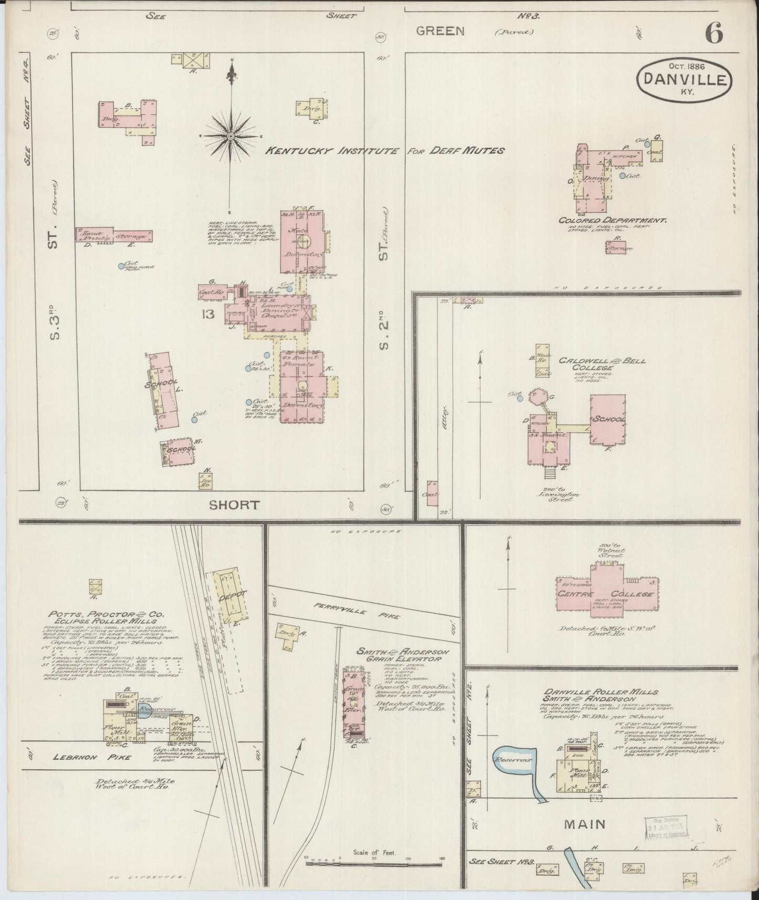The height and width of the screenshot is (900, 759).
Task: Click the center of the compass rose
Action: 230,136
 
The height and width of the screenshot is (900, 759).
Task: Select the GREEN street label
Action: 440,31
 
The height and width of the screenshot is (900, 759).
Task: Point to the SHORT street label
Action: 234,505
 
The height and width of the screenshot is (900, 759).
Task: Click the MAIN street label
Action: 585,825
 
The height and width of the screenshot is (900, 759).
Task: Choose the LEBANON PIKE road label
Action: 85,757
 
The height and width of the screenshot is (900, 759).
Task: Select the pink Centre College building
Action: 607,593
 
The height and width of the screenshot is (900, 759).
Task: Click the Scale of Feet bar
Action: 375,863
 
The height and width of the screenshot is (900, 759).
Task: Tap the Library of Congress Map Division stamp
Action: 666,827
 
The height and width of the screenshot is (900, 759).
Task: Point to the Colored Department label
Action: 613,221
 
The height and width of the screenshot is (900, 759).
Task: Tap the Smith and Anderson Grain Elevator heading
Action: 398,654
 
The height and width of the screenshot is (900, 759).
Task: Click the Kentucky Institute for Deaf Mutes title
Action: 384,151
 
